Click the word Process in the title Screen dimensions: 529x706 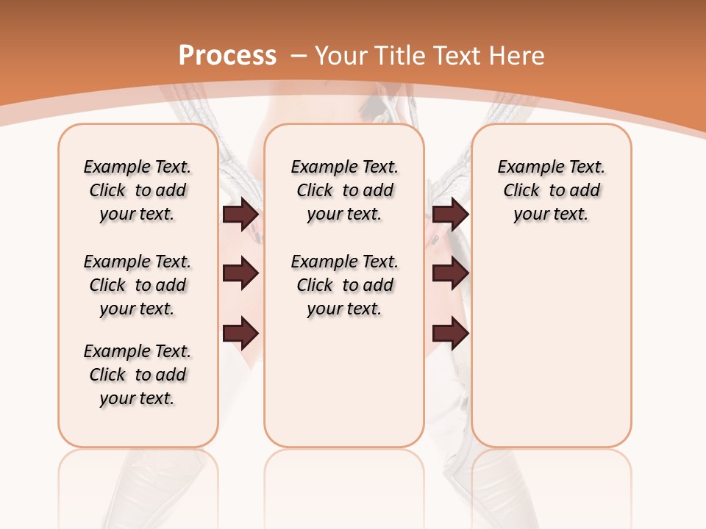pyautogui.click(x=227, y=55)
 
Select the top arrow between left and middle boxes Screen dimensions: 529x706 pyautogui.click(x=240, y=214)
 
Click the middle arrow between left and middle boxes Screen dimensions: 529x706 pyautogui.click(x=240, y=273)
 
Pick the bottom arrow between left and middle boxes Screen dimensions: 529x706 pyautogui.click(x=240, y=333)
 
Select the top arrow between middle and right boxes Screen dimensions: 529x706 pyautogui.click(x=450, y=214)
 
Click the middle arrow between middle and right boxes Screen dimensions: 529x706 pyautogui.click(x=450, y=273)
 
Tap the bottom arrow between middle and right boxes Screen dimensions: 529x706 pyautogui.click(x=450, y=333)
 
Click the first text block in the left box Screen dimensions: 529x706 pyautogui.click(x=138, y=190)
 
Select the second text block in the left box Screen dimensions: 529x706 pyautogui.click(x=138, y=285)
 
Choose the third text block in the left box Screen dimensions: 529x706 pyautogui.click(x=138, y=375)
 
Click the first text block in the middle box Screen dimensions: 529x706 pyautogui.click(x=344, y=190)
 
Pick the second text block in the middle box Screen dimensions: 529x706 pyautogui.click(x=344, y=285)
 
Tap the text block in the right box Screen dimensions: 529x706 pyautogui.click(x=551, y=190)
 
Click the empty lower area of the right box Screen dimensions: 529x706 pyautogui.click(x=551, y=345)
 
